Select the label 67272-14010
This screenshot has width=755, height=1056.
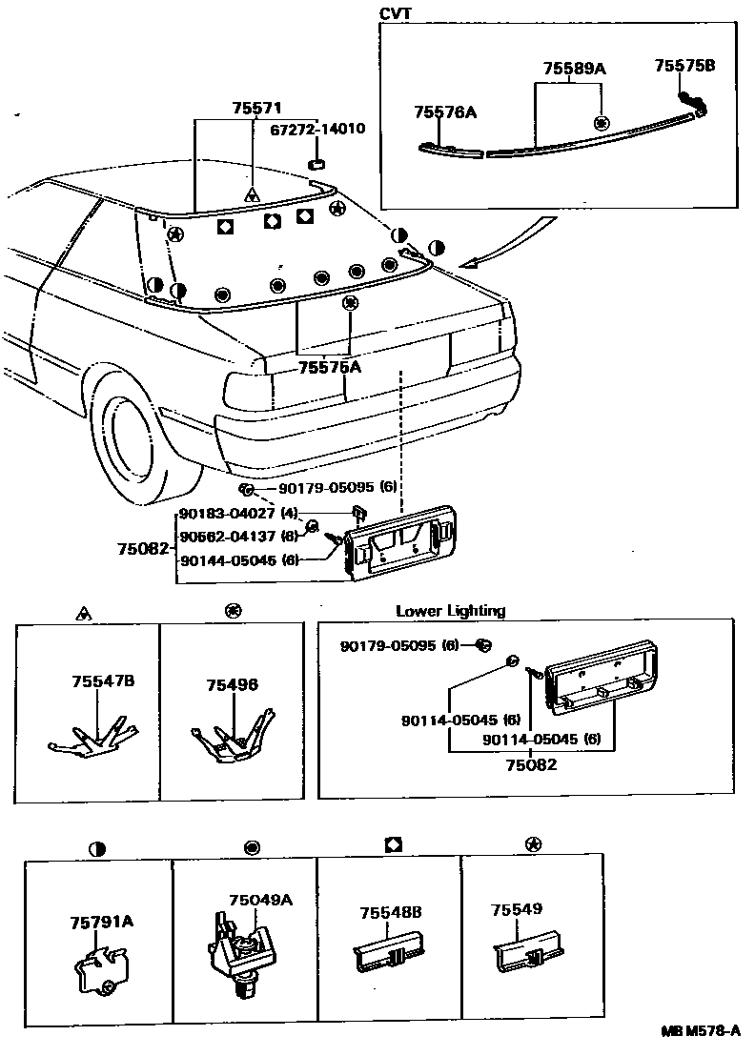(317, 129)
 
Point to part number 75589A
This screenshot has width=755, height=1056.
(575, 69)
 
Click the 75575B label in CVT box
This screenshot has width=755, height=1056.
(684, 66)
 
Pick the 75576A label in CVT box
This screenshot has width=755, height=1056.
(445, 112)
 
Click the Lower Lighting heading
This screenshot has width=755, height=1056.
(450, 611)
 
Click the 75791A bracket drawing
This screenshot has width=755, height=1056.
(96, 971)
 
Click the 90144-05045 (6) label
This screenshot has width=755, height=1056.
(241, 560)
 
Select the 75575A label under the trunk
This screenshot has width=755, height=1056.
(330, 367)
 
